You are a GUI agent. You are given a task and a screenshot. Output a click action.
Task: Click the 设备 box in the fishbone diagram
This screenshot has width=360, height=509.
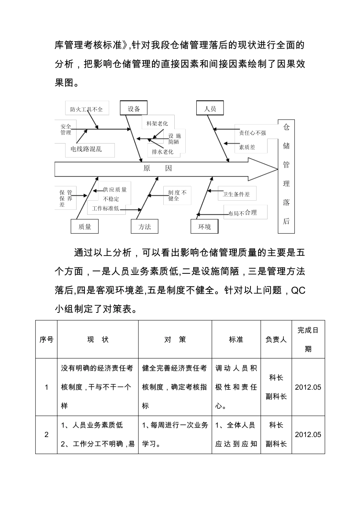(134, 109)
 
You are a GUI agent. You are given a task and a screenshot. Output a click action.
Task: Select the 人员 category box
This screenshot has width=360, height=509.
(210, 109)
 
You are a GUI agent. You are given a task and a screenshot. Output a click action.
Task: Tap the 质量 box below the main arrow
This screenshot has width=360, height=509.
(85, 226)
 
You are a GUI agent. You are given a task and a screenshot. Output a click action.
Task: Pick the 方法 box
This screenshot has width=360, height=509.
(144, 226)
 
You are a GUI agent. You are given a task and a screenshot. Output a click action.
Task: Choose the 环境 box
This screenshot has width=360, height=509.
(205, 226)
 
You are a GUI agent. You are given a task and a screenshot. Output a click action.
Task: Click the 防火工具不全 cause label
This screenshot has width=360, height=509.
(86, 109)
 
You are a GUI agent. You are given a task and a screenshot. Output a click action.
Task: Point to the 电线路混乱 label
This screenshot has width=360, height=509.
(86, 149)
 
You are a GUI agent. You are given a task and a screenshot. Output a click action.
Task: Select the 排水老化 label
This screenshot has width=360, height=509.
(163, 151)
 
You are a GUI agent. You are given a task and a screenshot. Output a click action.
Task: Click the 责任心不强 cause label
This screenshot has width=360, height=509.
(252, 133)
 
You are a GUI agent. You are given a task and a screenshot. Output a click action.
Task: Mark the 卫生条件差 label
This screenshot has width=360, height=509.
(236, 194)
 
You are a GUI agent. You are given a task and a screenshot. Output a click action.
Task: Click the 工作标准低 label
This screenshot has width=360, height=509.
(105, 208)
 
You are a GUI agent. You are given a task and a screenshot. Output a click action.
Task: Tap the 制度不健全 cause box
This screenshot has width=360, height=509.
(177, 195)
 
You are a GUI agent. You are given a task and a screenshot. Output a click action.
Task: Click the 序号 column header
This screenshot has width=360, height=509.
(47, 340)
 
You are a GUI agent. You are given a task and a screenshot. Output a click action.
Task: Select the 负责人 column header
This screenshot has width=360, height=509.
(276, 340)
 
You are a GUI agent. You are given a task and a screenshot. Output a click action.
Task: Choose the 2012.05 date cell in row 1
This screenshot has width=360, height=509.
(308, 387)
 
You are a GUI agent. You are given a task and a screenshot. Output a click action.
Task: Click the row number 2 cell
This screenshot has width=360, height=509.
(47, 434)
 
